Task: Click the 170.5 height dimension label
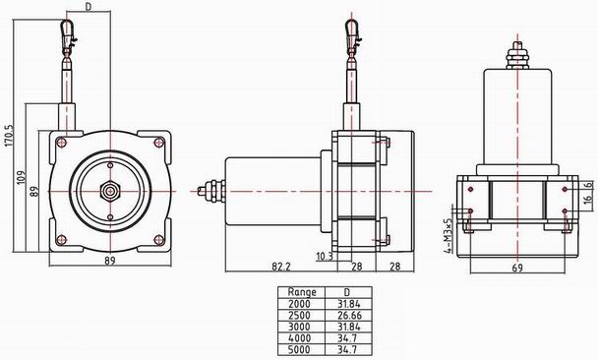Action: [9, 136]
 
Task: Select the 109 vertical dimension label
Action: [22, 177]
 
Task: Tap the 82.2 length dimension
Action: [281, 267]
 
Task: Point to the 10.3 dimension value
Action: [325, 257]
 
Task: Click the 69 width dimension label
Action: [517, 268]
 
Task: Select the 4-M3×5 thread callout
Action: [447, 236]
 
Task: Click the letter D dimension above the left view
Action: [89, 7]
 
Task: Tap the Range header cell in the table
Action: [302, 292]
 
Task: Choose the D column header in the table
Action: [346, 292]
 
